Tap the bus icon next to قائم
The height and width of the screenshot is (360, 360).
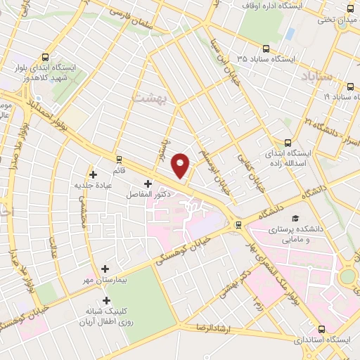click(118, 159)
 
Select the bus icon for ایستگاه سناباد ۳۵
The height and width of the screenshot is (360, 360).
click(266, 49)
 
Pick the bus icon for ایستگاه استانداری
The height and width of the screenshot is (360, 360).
click(321, 328)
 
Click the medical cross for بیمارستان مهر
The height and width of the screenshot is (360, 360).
click(105, 269)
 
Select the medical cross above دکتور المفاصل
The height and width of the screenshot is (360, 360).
click(147, 184)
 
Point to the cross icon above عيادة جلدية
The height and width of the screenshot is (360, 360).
click(92, 174)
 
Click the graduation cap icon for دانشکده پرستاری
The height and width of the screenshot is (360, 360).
click(296, 219)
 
